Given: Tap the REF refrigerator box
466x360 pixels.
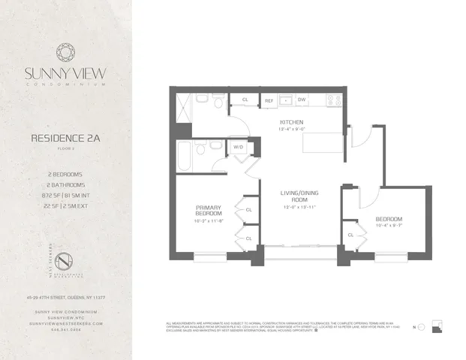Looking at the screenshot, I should [268, 100].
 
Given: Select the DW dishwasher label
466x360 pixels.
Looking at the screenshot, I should [301, 100].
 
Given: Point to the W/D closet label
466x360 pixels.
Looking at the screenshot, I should [239, 147].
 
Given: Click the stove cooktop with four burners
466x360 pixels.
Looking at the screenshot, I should [332, 100].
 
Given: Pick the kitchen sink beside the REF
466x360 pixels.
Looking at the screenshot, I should [285, 100].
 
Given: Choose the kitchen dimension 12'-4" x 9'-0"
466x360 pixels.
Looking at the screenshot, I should [291, 128].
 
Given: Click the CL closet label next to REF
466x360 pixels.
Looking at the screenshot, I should [245, 100].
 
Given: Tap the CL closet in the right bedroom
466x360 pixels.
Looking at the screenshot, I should [350, 235].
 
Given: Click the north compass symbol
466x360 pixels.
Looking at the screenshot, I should [421, 328].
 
